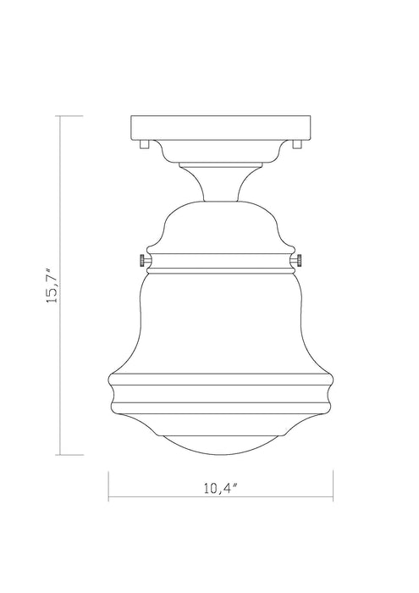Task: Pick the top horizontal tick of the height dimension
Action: (x=70, y=115)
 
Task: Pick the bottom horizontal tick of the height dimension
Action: (x=70, y=454)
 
